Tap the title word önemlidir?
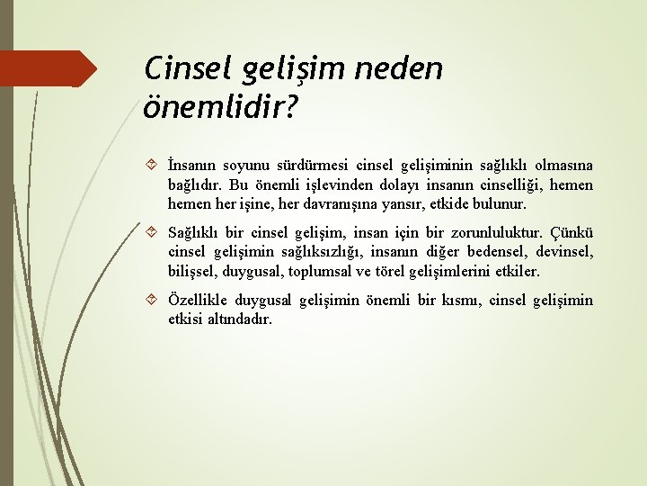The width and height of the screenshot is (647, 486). (x=217, y=107)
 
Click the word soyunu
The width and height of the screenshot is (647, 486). (x=253, y=166)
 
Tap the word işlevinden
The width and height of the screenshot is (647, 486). (x=316, y=184)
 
